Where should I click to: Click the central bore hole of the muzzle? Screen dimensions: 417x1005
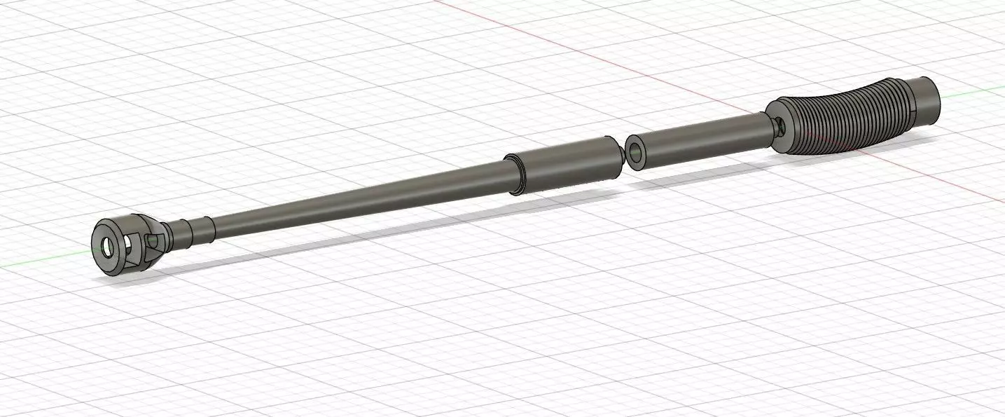106,247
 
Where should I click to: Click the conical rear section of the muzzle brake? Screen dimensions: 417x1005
160,238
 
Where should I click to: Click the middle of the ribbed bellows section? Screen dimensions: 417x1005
847,116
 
